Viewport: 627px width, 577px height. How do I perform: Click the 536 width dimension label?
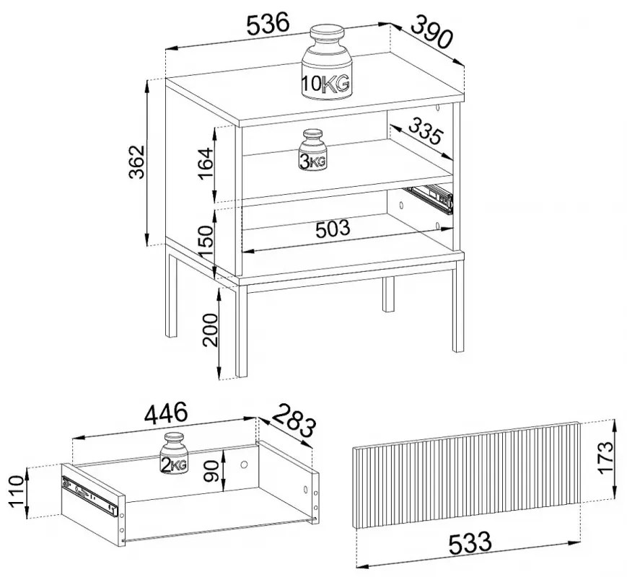point(268,24)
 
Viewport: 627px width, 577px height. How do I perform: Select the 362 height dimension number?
point(136,162)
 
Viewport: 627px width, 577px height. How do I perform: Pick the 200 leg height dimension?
point(211,329)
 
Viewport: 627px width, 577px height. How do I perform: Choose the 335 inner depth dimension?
point(426,131)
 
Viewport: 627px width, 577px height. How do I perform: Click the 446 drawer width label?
point(165,413)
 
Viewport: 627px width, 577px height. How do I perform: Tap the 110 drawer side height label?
point(17,491)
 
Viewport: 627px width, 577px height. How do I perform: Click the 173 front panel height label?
point(606,457)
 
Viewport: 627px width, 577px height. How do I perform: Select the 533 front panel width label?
point(470,543)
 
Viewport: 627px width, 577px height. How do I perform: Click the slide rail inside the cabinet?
point(429,198)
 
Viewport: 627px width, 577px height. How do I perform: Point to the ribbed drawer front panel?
point(466,475)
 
